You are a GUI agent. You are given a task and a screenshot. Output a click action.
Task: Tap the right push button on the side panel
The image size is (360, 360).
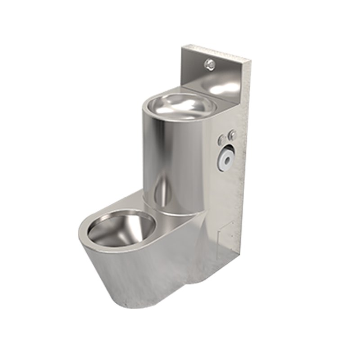pos(233,134)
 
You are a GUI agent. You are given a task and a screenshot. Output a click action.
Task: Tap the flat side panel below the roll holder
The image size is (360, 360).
pos(227,198)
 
